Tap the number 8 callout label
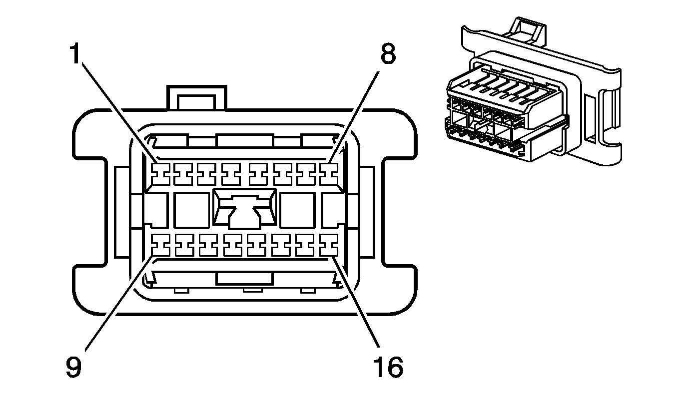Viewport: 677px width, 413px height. [x=388, y=54]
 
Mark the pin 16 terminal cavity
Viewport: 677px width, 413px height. [x=329, y=244]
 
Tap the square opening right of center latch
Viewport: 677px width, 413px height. [x=297, y=210]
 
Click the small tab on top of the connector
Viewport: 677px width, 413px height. [x=197, y=97]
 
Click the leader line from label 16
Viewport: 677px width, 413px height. [x=358, y=305]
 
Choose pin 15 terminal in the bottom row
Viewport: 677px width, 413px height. [x=305, y=244]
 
